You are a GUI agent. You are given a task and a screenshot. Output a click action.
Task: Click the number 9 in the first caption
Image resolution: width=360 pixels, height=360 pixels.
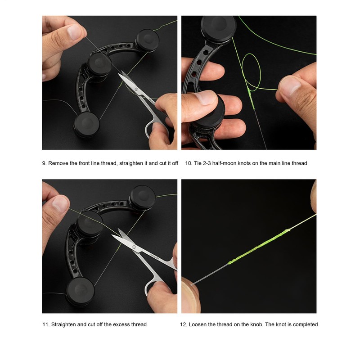tap(44, 163)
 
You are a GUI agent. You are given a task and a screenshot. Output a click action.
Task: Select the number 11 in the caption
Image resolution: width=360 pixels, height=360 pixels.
tap(45, 324)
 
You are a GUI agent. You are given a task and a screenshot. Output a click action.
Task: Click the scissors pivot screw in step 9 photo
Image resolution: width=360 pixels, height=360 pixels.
tap(136, 89)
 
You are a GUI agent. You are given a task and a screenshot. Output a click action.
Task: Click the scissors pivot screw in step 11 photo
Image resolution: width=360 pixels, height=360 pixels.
tap(134, 247)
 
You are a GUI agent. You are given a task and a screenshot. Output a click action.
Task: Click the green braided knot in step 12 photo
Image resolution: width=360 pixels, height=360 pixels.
tap(259, 247)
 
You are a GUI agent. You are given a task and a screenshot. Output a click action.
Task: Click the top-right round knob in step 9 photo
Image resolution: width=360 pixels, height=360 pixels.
tap(148, 40)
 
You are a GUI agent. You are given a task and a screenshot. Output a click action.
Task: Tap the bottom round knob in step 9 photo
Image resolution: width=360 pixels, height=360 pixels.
tap(86, 124)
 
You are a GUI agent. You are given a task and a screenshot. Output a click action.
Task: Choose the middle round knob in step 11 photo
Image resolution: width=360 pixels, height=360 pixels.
tap(90, 225)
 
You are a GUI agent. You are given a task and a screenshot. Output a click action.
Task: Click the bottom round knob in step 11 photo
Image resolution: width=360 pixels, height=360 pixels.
tap(80, 291)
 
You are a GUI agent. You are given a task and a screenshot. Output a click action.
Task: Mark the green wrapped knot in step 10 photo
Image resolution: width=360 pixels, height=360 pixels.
tap(251, 98)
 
